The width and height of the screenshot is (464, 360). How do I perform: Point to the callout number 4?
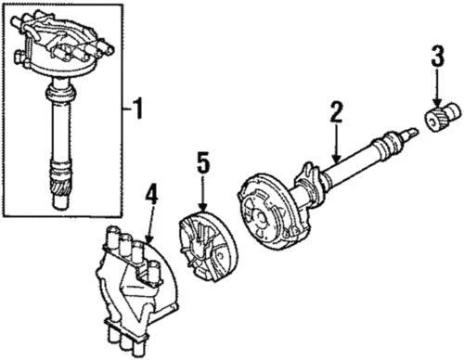pos(151,196)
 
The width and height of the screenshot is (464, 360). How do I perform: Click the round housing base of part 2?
pos(269,217)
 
